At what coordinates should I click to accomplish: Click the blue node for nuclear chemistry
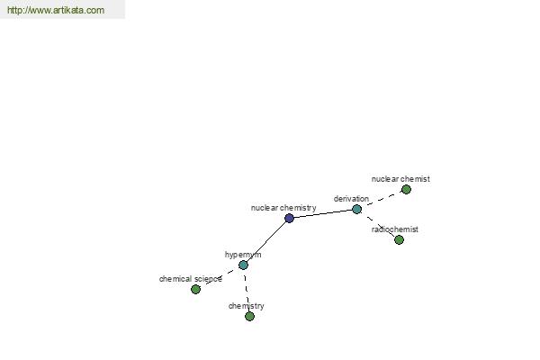(x=289, y=218)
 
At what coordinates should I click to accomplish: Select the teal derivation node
(x=356, y=209)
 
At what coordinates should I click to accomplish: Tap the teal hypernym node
(x=243, y=265)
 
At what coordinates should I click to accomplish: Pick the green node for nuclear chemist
(x=407, y=190)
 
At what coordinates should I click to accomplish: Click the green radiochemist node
(x=399, y=239)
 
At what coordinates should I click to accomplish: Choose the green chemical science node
(x=195, y=290)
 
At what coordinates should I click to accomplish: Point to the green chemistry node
(x=249, y=316)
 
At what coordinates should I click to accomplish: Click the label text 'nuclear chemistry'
(x=283, y=208)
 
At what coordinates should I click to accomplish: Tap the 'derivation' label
(x=351, y=199)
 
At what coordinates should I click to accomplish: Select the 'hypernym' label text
(x=243, y=255)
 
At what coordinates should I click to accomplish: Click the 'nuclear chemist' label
(x=400, y=179)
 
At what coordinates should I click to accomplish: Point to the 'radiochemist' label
(x=395, y=229)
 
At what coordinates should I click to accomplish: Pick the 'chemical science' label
(x=191, y=279)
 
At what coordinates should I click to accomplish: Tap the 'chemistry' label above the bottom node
(x=247, y=306)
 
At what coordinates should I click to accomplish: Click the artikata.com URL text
(x=56, y=10)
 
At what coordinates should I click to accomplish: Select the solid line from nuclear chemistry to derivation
(x=323, y=213)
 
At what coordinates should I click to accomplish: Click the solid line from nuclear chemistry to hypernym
(x=266, y=241)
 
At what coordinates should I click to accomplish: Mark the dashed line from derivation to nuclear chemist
(x=382, y=200)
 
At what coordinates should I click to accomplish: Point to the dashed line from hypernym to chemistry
(x=247, y=291)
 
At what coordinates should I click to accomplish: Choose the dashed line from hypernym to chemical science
(x=220, y=277)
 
